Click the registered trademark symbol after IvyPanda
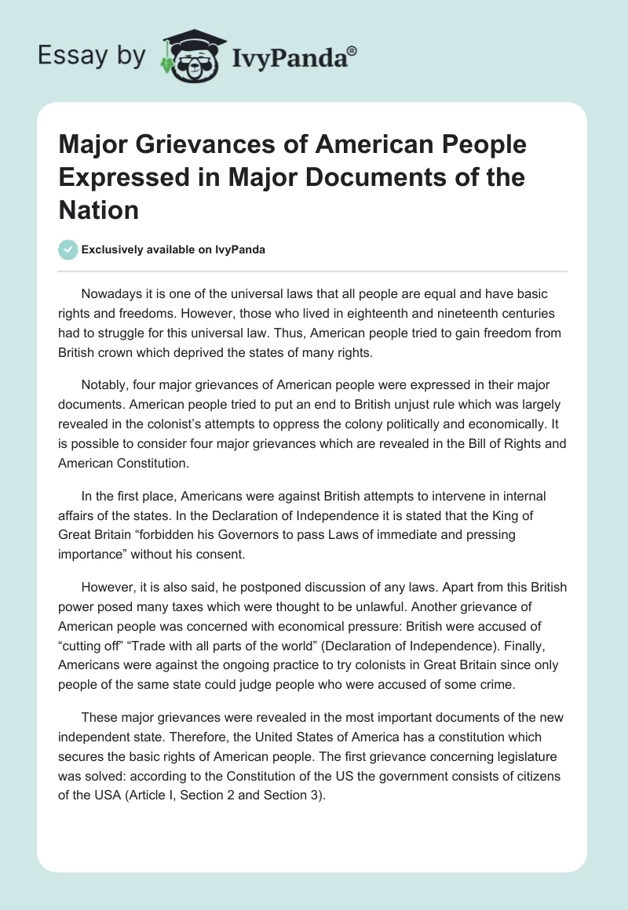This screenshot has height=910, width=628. coord(352,50)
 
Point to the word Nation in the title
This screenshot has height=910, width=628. coord(99,210)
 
